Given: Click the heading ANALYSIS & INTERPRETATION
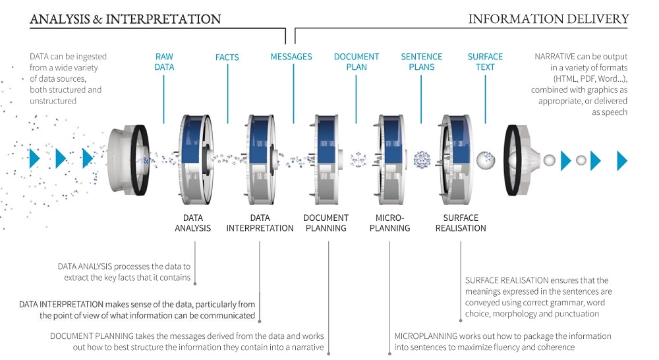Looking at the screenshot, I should point(125,18).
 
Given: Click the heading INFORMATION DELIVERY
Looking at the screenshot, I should point(548,18).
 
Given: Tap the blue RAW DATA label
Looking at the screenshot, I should point(164,62).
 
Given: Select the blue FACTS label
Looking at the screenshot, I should point(227,57).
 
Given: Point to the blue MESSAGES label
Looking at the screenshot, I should point(291,57).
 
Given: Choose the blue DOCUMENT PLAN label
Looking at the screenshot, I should point(356,62).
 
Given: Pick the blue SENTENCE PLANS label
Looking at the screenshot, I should point(422,62).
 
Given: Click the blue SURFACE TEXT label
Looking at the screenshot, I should point(485,62).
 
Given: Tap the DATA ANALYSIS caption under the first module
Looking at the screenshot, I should point(193,223).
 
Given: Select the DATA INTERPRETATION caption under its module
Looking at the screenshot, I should point(260,223).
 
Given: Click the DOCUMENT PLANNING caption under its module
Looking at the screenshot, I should point(326,223).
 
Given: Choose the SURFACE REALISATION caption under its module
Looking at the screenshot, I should point(461,223).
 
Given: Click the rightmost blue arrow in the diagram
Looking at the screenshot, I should point(621,160).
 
